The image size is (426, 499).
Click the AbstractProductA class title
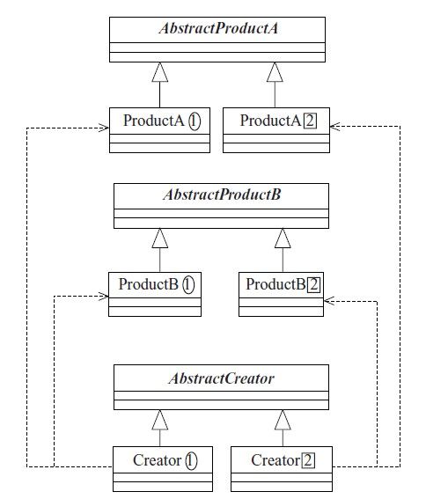(x=218, y=28)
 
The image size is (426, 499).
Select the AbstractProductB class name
(x=222, y=194)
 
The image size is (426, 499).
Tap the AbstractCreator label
(x=221, y=378)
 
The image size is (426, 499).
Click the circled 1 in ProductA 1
(x=195, y=121)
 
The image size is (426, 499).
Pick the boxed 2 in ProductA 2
(x=310, y=121)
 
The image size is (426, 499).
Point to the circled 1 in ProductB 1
(x=188, y=285)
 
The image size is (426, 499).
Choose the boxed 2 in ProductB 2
(x=314, y=285)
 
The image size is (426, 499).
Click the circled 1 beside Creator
(x=191, y=461)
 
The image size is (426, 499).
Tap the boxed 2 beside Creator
(x=308, y=460)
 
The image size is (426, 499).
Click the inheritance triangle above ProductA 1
(x=160, y=72)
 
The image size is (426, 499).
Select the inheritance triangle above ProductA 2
(x=275, y=72)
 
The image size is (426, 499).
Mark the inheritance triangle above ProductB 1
(x=160, y=238)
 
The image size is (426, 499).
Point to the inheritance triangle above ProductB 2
(x=283, y=238)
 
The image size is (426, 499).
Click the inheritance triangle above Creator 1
(x=160, y=420)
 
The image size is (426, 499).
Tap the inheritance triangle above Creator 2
(x=283, y=420)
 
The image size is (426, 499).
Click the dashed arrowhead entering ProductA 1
(x=104, y=128)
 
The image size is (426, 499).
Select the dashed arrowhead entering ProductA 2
(x=335, y=127)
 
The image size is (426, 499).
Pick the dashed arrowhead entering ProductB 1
(x=104, y=297)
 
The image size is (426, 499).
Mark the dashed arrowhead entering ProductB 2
(x=329, y=301)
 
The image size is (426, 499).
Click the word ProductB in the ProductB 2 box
(x=275, y=284)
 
